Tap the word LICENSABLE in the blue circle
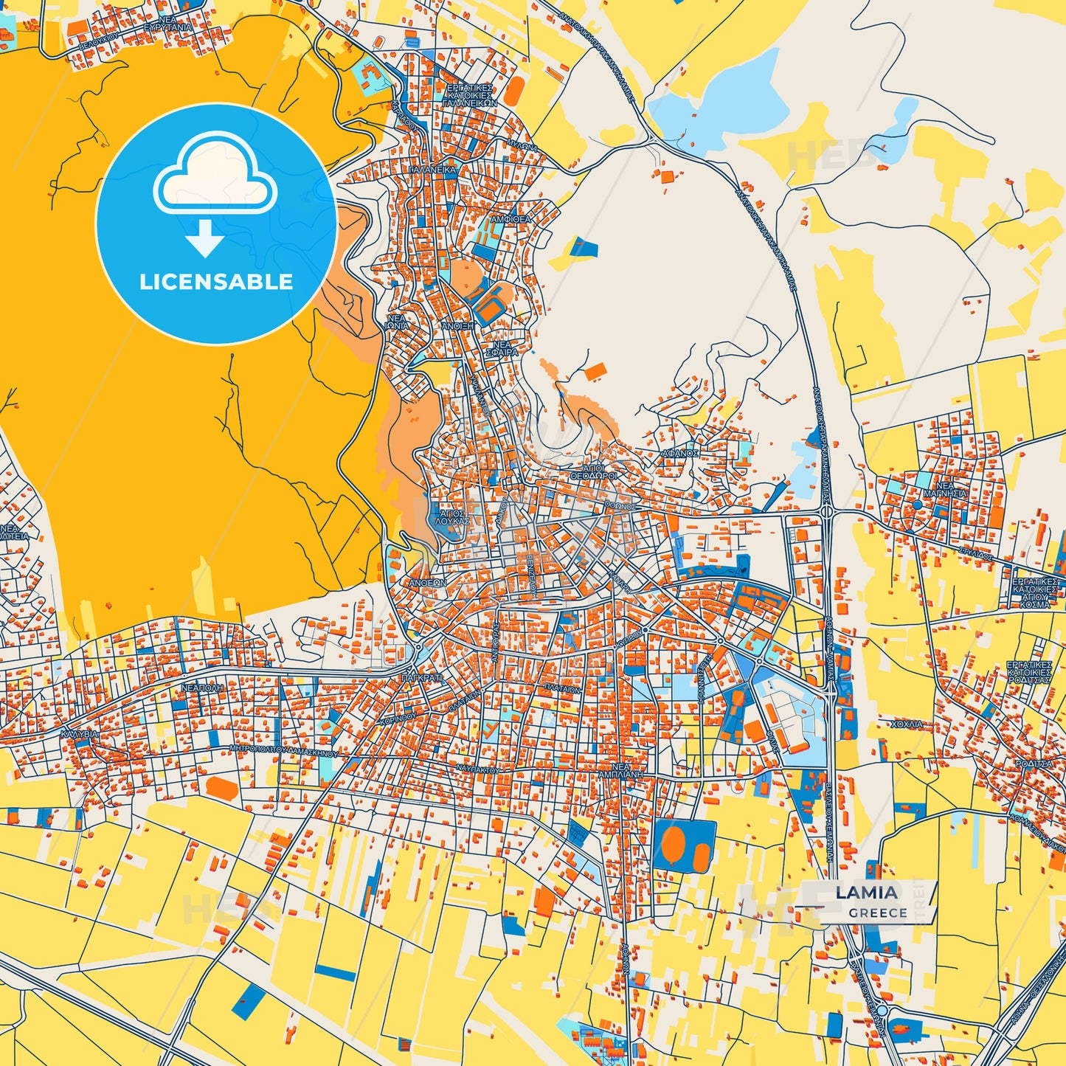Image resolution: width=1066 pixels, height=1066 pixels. coord(216,282)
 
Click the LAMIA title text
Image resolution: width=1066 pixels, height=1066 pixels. coord(867,893)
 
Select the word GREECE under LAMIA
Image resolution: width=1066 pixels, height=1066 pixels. coord(877,913)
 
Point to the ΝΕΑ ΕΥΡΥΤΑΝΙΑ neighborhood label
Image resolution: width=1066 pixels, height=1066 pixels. coord(167,24)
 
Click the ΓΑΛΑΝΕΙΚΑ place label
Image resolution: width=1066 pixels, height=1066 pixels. coord(433,170)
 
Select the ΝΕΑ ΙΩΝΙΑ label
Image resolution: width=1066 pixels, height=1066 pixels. coord(397,322)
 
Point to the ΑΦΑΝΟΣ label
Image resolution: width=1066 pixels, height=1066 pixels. coord(679,453)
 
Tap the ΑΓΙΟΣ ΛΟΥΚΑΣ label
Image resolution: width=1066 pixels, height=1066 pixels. coord(451,516)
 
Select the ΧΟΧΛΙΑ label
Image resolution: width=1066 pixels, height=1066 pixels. coord(907,724)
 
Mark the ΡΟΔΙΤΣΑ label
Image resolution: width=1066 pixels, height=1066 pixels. coord(1034,764)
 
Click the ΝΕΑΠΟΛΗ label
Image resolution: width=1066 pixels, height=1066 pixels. coord(202,687)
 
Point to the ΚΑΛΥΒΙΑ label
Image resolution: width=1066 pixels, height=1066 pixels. coord(80,736)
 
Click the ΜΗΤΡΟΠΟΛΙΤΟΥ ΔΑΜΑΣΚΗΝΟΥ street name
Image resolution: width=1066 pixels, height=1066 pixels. coord(283,754)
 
